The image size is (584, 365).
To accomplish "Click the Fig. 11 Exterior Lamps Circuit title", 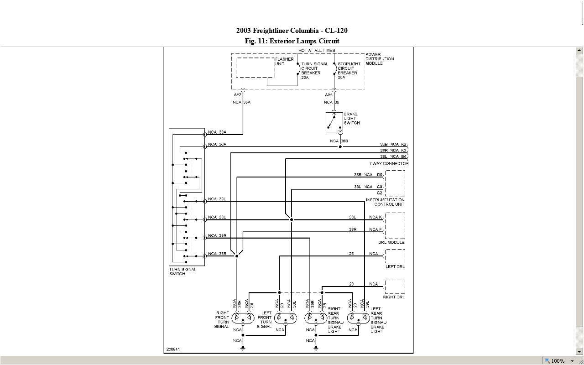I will point(292,41).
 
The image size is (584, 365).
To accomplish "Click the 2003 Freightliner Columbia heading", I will point(292,31).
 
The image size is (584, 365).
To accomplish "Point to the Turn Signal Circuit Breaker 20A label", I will point(314,71).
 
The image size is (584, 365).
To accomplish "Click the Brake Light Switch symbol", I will point(334,122).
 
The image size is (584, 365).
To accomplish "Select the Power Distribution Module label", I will point(379,59).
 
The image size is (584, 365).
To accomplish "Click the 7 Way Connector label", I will point(389,163).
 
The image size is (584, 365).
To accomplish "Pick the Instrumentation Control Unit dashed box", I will point(395,183).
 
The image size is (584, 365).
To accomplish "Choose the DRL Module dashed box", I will point(395,226).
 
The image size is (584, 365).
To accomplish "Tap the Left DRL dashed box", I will point(395,256).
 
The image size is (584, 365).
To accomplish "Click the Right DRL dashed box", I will point(395,287).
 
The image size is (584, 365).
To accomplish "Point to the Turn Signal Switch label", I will point(182,271).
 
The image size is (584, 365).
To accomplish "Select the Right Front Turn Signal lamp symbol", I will point(243,318).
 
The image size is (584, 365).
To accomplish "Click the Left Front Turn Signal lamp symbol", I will point(286,318).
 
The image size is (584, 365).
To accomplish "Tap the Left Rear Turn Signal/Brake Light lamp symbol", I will point(358,318).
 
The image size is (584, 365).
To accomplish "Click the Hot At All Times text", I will point(317,50).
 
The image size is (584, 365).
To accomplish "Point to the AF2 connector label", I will point(237,94).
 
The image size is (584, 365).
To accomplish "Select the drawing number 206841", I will point(173,349).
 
